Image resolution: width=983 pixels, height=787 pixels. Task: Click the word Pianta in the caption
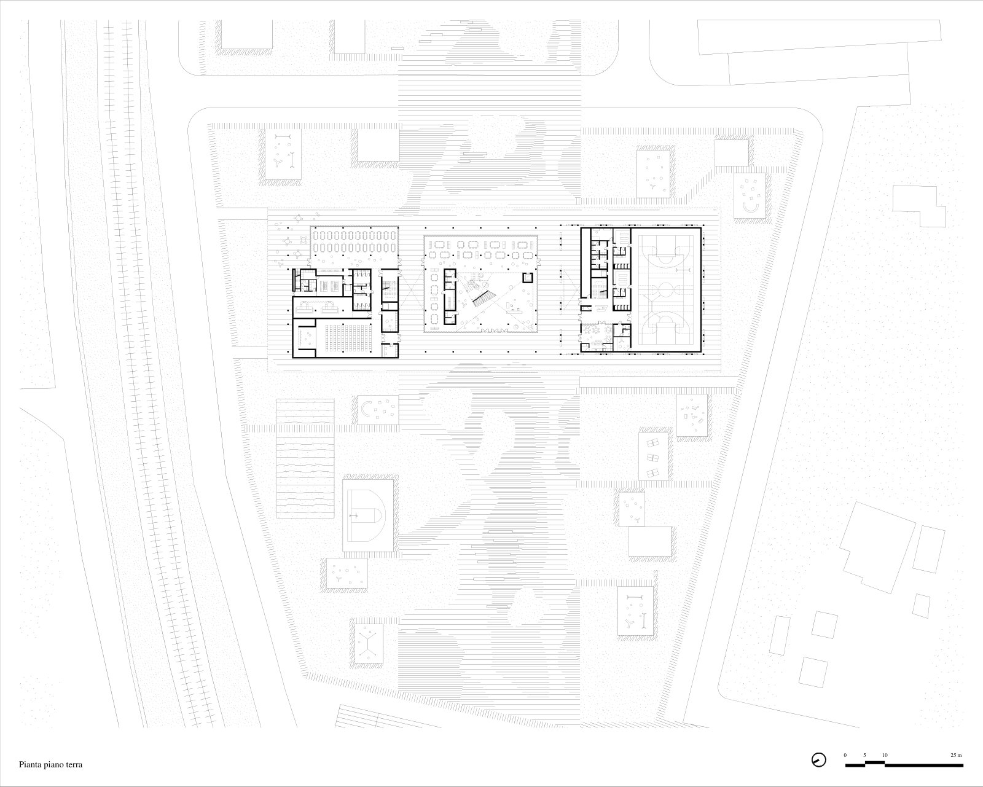click(x=30, y=765)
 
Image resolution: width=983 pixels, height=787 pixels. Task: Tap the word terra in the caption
click(x=73, y=765)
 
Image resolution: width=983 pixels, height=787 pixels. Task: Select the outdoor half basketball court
click(x=368, y=515)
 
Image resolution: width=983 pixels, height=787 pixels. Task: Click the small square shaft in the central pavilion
click(x=528, y=278)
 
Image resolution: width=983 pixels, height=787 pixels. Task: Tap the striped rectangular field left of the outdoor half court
click(x=305, y=458)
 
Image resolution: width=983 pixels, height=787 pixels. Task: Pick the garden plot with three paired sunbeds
click(x=653, y=456)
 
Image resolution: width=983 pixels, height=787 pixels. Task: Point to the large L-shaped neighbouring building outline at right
click(x=877, y=546)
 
